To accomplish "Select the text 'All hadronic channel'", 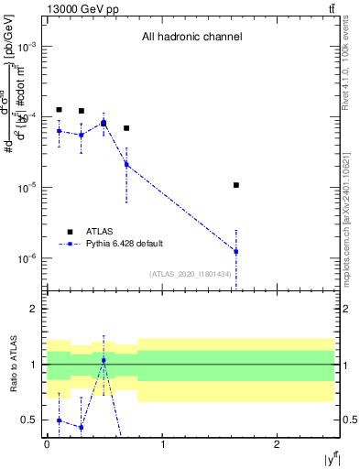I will coord(191,38).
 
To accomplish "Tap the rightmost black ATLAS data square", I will coord(236,185).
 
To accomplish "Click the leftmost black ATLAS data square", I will coord(59,110).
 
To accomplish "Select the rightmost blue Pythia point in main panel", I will coord(236,251).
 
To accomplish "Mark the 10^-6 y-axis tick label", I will coord(27,258).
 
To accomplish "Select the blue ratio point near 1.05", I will coord(104,360).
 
